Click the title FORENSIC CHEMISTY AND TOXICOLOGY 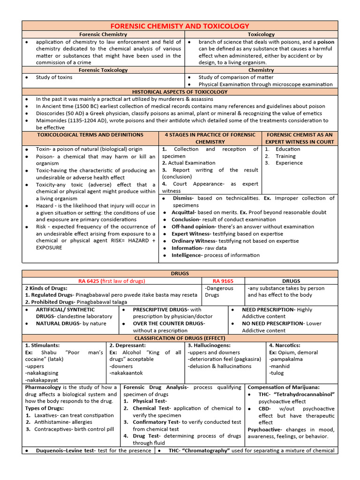180,26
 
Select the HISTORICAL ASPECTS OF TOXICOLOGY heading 180,92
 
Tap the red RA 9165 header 223,281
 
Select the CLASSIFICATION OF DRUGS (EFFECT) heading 180,338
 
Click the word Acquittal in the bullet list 183,212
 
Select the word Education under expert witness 288,149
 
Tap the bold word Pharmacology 43,387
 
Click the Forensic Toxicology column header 103,70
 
